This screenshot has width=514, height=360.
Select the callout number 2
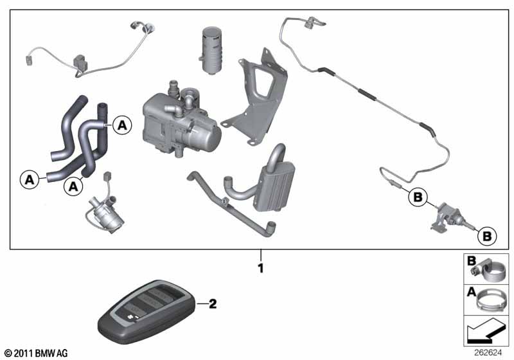pyautogui.click(x=213, y=304)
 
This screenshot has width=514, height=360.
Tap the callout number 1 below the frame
pyautogui.click(x=261, y=269)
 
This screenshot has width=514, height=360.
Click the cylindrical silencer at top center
pyautogui.click(x=211, y=50)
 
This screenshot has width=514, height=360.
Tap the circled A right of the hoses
pyautogui.click(x=122, y=125)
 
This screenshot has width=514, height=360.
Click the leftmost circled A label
pyautogui.click(x=30, y=179)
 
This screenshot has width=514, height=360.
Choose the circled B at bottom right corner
pyautogui.click(x=487, y=236)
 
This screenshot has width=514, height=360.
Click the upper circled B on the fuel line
pyautogui.click(x=418, y=197)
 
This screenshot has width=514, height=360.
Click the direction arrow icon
pyautogui.click(x=485, y=332)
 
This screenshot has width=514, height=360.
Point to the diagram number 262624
pyautogui.click(x=488, y=353)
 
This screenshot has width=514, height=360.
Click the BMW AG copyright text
pyautogui.click(x=37, y=353)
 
